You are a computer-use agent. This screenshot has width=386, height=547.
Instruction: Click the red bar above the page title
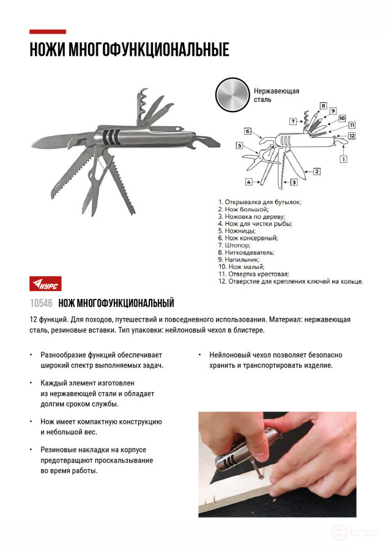[x=48, y=32]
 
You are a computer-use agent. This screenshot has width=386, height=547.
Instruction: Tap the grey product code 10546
[x=41, y=303]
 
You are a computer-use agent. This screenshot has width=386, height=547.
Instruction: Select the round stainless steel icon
[x=232, y=96]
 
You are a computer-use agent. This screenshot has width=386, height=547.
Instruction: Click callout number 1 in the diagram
[x=343, y=159]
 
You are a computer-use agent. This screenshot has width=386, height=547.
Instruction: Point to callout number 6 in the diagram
[x=248, y=131]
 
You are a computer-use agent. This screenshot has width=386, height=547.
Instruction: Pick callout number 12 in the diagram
[x=352, y=135]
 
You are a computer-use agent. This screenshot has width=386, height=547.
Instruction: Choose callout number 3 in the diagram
[x=294, y=182]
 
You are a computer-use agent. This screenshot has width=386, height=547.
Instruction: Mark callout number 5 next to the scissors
[x=240, y=145]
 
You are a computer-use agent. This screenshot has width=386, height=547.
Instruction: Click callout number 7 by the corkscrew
[x=293, y=121]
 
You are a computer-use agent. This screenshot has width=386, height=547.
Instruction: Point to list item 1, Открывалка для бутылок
[x=260, y=202]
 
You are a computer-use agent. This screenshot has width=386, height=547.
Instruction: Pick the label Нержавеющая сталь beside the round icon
[x=276, y=95]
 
